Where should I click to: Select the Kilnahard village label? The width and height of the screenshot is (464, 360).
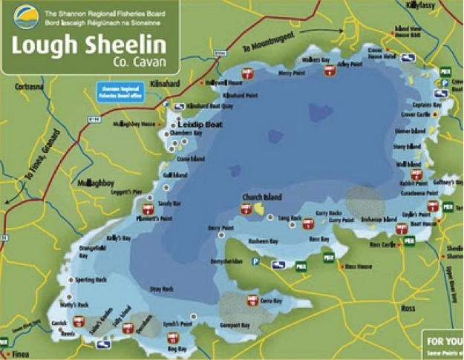click(x=166, y=84)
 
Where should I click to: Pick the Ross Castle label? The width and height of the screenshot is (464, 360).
click(x=384, y=243)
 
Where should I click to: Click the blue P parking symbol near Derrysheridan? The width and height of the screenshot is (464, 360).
click(x=255, y=261)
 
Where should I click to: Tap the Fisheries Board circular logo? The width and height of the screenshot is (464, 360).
click(x=22, y=14)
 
